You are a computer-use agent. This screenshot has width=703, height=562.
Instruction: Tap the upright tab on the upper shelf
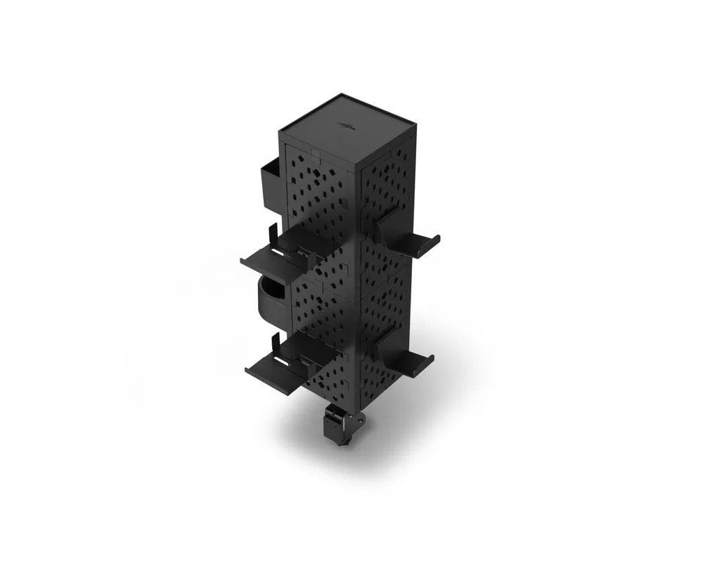pos(272,233)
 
